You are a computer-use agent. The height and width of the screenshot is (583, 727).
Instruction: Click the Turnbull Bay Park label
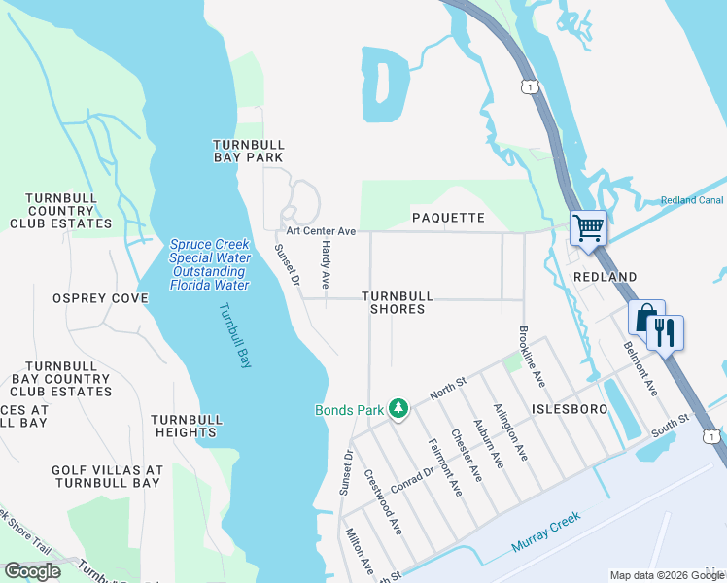click(248, 150)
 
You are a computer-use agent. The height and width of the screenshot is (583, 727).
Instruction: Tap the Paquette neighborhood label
click(447, 218)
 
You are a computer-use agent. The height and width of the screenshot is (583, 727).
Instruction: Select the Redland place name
click(605, 277)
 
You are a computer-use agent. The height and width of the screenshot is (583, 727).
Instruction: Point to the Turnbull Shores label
click(397, 302)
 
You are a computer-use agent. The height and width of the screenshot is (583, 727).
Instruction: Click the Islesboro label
click(569, 410)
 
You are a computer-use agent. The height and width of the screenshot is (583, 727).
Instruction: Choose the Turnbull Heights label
click(187, 426)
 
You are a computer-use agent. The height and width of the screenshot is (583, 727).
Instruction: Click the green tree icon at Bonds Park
click(398, 409)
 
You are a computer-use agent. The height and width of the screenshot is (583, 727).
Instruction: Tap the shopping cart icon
click(588, 229)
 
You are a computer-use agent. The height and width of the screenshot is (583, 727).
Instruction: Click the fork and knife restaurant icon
click(666, 332)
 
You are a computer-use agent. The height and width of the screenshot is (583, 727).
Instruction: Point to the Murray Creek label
click(546, 532)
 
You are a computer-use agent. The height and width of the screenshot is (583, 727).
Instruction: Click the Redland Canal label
click(692, 200)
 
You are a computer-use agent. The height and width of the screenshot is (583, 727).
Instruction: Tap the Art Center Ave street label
click(321, 231)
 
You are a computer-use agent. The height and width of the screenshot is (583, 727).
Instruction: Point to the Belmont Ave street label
click(640, 367)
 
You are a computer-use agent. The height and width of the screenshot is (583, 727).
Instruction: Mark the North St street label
click(448, 391)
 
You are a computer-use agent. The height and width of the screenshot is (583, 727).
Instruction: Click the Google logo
click(33, 571)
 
